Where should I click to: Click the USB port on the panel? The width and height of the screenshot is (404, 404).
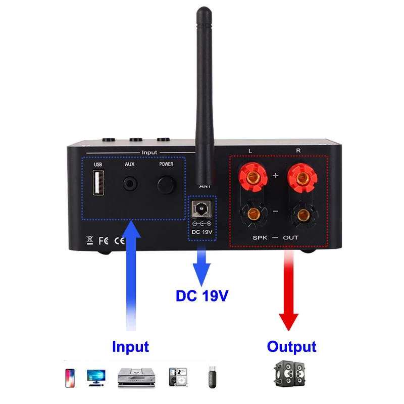97,183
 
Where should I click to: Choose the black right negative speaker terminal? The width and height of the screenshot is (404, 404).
302,216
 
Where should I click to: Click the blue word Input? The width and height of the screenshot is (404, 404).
130,347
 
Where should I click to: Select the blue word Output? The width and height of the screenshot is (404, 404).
291,347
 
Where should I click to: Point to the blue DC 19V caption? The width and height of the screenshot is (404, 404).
202,295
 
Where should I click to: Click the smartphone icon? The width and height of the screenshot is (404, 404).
70,377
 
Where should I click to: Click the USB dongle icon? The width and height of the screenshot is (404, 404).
212,378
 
